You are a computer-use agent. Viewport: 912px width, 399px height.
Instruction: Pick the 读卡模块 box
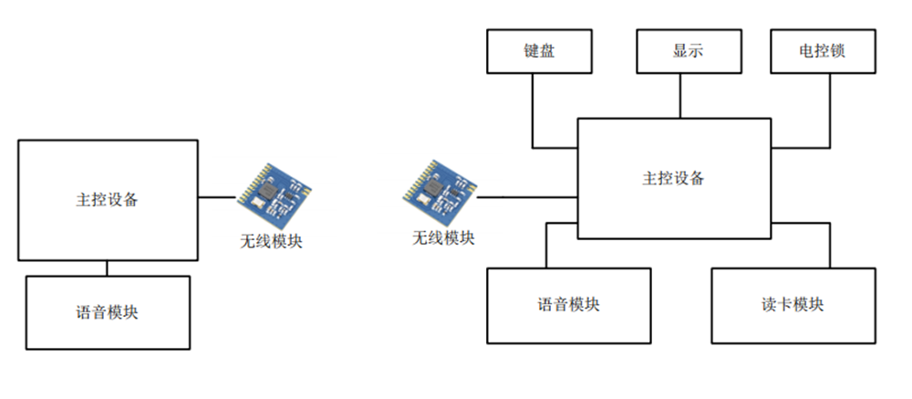tap(792, 305)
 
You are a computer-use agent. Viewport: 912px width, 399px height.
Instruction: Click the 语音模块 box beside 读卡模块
tap(569, 305)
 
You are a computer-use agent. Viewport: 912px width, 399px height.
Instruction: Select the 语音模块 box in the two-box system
tap(108, 312)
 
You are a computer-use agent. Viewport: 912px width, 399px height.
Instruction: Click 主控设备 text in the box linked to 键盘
tap(673, 178)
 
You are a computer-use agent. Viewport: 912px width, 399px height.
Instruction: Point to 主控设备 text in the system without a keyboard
tap(108, 200)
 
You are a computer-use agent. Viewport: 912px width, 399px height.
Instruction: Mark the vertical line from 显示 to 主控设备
tap(680, 96)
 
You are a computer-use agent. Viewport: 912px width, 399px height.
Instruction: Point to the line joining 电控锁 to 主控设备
tap(830, 114)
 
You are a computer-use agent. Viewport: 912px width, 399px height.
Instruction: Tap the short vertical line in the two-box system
tap(108, 268)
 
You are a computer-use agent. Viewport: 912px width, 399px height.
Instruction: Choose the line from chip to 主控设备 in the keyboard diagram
tap(527, 196)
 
